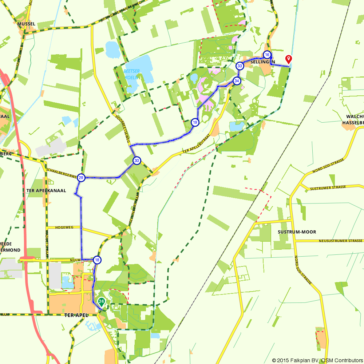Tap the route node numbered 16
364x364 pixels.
point(267,55)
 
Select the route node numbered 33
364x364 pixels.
point(240,66)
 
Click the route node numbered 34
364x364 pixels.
point(237,81)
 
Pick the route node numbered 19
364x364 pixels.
point(195,122)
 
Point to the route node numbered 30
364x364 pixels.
point(136,161)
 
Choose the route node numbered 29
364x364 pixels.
point(81,178)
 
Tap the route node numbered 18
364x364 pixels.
point(97,260)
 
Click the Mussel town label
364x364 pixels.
point(26,24)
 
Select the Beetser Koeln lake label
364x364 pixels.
point(131,74)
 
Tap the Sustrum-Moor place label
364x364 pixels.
point(297,232)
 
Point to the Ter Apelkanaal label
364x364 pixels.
point(46,190)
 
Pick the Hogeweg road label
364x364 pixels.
point(64,227)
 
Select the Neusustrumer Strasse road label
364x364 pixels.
point(341,241)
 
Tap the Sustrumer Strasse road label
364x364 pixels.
point(327,188)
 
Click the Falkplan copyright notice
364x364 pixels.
point(317,360)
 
